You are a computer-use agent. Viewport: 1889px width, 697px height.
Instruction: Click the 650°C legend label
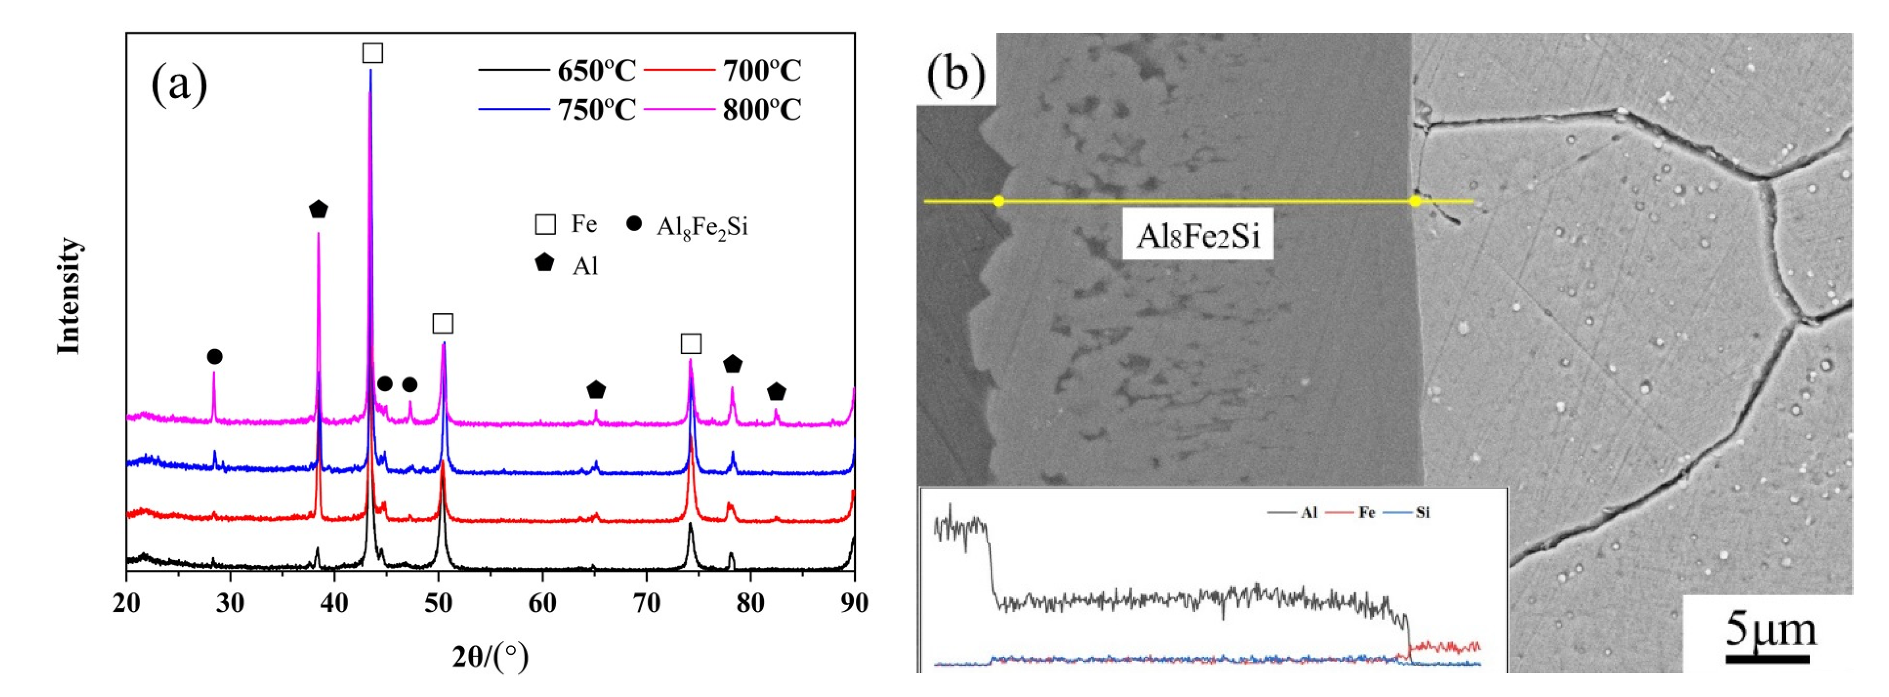click(596, 71)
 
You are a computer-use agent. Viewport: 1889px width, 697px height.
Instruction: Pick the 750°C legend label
click(596, 110)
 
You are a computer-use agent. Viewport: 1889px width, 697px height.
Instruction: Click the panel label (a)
click(179, 84)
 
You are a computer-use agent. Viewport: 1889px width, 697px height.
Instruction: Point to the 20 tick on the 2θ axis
click(127, 603)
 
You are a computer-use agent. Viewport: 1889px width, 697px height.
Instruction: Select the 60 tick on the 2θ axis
click(542, 603)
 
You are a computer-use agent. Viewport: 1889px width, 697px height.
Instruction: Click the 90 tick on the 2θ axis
click(853, 603)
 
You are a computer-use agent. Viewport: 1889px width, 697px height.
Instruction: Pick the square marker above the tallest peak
click(372, 53)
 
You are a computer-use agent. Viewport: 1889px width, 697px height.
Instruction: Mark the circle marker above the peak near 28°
click(214, 356)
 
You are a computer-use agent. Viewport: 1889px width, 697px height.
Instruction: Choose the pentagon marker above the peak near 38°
click(318, 209)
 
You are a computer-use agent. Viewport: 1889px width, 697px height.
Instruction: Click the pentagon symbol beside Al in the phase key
click(544, 263)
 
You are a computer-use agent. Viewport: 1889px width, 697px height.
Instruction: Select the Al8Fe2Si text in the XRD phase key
click(702, 227)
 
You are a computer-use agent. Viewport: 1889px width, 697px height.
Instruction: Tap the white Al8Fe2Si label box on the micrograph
click(1198, 236)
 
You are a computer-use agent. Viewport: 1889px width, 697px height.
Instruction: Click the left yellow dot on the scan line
click(998, 201)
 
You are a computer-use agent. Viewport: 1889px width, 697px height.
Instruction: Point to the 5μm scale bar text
click(1770, 630)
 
